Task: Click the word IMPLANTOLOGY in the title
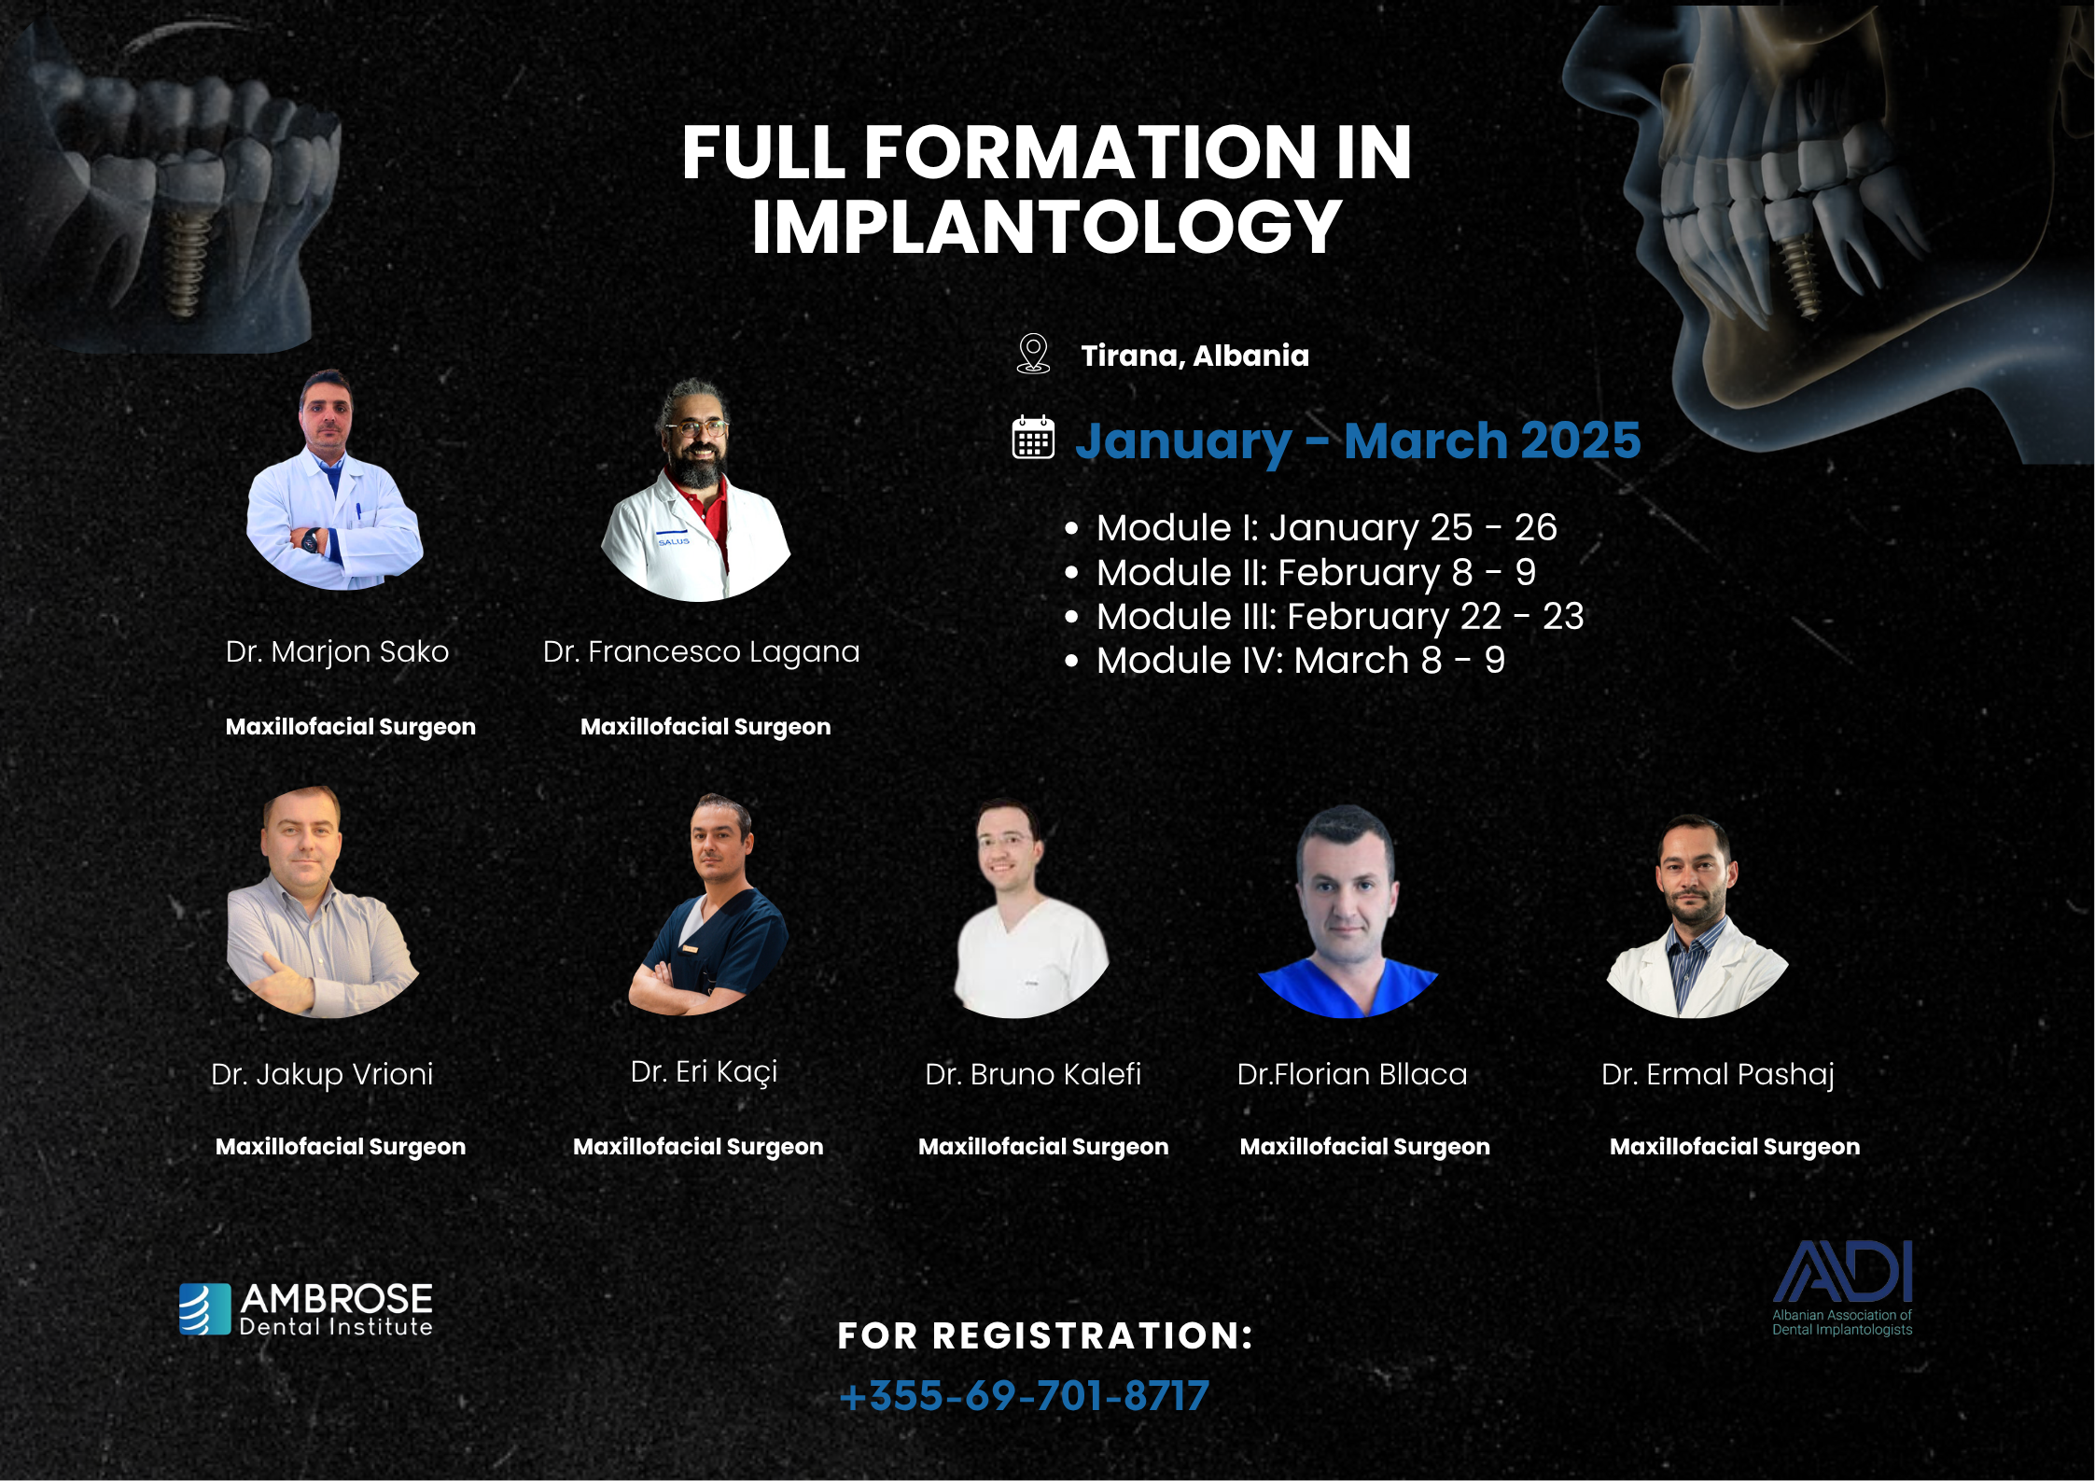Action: click(x=1047, y=228)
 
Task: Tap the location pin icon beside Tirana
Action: click(x=1033, y=355)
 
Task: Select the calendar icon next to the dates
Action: click(x=1033, y=438)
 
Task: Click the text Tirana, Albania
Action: click(x=1194, y=356)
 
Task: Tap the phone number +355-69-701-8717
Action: click(x=1024, y=1396)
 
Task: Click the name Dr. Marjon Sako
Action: click(x=337, y=651)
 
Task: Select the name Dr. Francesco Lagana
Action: click(x=701, y=652)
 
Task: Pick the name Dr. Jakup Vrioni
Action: click(x=322, y=1074)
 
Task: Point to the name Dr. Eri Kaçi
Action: click(x=704, y=1072)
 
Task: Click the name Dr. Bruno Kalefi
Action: click(x=1033, y=1074)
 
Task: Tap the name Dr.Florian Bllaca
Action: click(x=1352, y=1074)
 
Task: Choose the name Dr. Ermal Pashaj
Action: click(x=1718, y=1075)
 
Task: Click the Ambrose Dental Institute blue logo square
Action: click(x=205, y=1309)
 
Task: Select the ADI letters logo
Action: click(x=1842, y=1271)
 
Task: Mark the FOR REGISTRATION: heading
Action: click(x=1045, y=1335)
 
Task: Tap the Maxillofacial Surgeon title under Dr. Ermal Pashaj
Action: click(x=1735, y=1147)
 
